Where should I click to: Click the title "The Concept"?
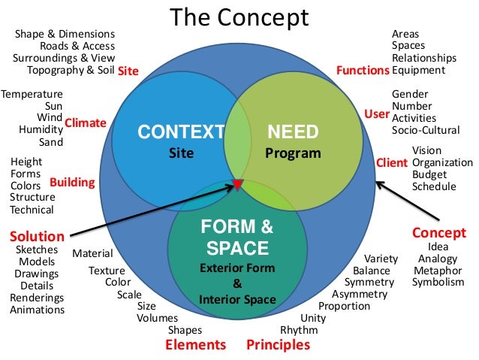239,18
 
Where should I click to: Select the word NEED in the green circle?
293,133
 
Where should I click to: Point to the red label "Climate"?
86,122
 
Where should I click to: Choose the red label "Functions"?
363,71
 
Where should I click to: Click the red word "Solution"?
36,235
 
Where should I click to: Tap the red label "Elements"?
195,345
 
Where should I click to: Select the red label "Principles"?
278,345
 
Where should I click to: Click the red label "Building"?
72,182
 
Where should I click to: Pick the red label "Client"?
390,162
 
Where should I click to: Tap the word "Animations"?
37,310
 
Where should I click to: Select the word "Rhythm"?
299,330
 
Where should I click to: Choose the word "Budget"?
429,174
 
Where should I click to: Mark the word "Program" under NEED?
293,154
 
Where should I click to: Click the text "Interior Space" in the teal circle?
237,300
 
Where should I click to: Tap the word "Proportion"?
344,306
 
